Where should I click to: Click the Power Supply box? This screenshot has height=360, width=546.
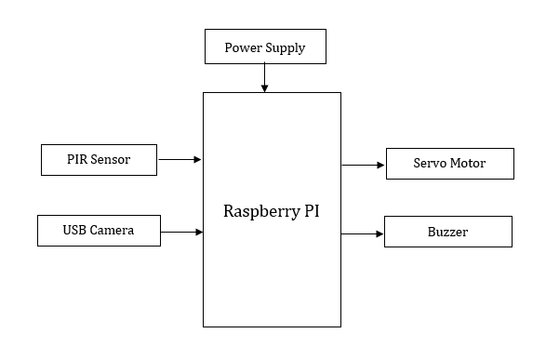265,47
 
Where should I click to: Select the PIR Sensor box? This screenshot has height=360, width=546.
99,160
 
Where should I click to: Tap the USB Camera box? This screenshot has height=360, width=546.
99,230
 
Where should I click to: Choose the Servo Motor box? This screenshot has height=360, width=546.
448,164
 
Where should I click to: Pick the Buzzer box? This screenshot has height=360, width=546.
448,232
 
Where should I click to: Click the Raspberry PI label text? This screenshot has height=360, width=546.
272,210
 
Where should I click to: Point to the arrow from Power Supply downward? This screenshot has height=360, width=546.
265,77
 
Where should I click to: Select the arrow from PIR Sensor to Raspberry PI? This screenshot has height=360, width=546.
180,160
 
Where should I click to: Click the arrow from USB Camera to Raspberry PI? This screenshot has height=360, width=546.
182,231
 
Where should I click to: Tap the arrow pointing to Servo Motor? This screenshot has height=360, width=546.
363,165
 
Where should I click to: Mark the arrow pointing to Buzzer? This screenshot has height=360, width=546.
363,233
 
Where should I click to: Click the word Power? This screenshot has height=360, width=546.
244,47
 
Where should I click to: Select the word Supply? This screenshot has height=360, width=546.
286,47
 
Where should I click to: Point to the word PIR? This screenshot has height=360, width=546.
78,160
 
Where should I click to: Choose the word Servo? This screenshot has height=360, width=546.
431,164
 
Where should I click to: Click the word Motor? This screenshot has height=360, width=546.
469,164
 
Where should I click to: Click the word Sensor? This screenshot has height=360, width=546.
111,160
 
